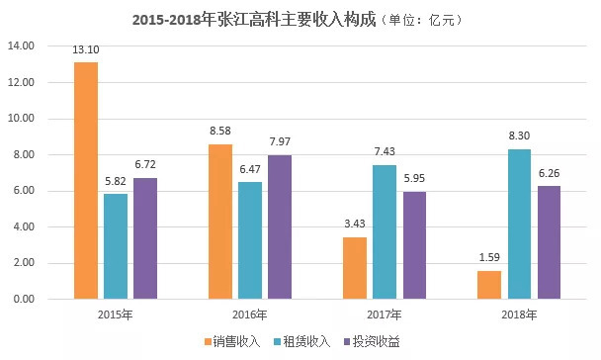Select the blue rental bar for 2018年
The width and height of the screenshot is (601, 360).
tap(520, 225)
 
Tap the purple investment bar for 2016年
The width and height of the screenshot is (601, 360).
tap(280, 226)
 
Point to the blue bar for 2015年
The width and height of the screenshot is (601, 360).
tap(116, 246)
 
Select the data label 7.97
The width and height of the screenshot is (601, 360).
tap(280, 145)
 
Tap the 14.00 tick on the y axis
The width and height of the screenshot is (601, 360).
tap(21, 46)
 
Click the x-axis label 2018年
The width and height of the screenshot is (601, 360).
tap(519, 315)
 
